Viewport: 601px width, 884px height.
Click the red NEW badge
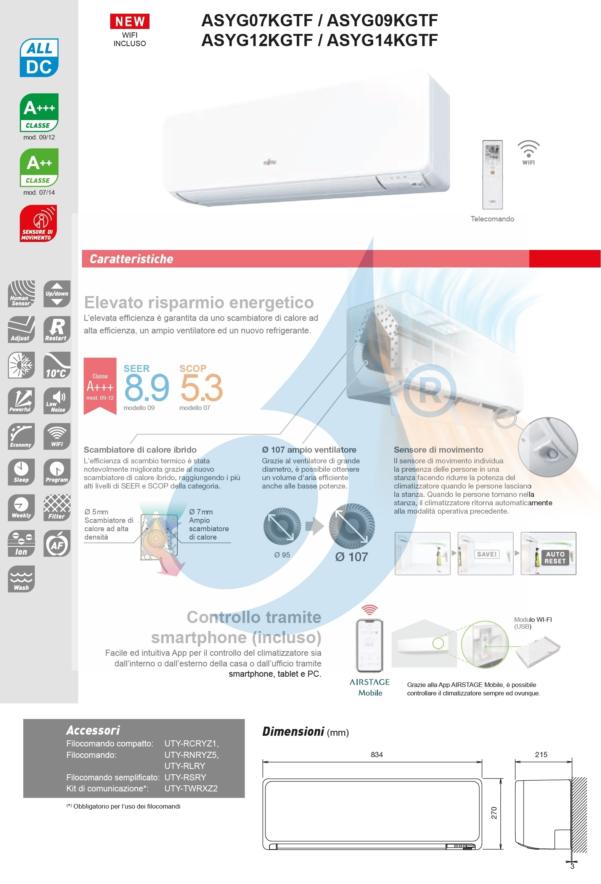click(130, 21)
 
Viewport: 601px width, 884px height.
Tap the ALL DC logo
click(39, 58)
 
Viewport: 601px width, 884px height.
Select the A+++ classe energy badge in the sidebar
click(39, 112)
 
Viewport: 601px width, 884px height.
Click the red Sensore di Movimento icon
click(38, 224)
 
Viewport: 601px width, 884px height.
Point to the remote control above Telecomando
click(492, 175)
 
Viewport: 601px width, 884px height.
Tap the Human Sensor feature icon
click(21, 294)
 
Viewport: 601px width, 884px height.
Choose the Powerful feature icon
click(21, 401)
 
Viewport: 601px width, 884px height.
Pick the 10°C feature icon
click(57, 365)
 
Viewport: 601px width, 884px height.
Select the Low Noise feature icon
click(57, 401)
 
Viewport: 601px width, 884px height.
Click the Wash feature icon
click(21, 579)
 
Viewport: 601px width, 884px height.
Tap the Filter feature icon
click(57, 508)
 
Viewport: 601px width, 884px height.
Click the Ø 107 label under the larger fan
click(352, 557)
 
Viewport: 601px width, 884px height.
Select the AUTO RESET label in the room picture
click(555, 557)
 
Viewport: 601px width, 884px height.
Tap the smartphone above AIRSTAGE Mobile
click(369, 645)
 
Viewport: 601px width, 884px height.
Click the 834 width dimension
click(377, 754)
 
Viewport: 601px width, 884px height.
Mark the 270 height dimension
click(494, 813)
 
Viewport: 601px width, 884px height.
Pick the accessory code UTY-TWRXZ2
click(191, 788)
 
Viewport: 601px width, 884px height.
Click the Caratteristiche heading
click(132, 259)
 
